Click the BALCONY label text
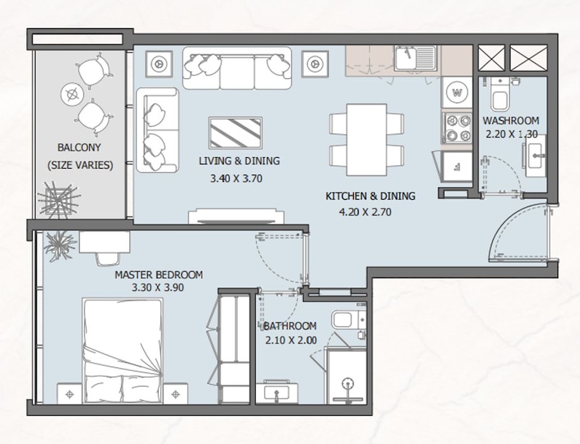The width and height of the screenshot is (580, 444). point(79,148)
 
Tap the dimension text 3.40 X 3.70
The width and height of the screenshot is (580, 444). point(236,179)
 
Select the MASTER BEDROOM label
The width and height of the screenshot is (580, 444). point(159,275)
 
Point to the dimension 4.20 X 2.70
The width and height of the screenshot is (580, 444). point(365,211)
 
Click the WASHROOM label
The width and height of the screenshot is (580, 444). point(511,120)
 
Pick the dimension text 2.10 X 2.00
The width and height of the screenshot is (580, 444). point(291,340)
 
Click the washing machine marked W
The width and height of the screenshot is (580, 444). point(457,93)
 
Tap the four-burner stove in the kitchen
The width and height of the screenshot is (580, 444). point(457,128)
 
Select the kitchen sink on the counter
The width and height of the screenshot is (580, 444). point(415,58)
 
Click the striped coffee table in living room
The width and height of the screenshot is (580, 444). point(236,133)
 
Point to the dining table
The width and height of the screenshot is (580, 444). point(367,140)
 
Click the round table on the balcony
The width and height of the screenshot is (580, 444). point(72,94)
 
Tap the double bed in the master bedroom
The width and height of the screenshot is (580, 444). point(123,351)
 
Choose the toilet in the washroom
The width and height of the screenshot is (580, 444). point(500,95)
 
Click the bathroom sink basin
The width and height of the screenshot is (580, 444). point(276,392)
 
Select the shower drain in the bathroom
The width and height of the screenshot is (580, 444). point(347,383)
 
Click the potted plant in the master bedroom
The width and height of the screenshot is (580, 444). point(59,246)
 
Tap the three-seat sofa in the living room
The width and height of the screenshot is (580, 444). point(237,68)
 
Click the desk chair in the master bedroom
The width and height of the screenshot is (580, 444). point(107,259)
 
